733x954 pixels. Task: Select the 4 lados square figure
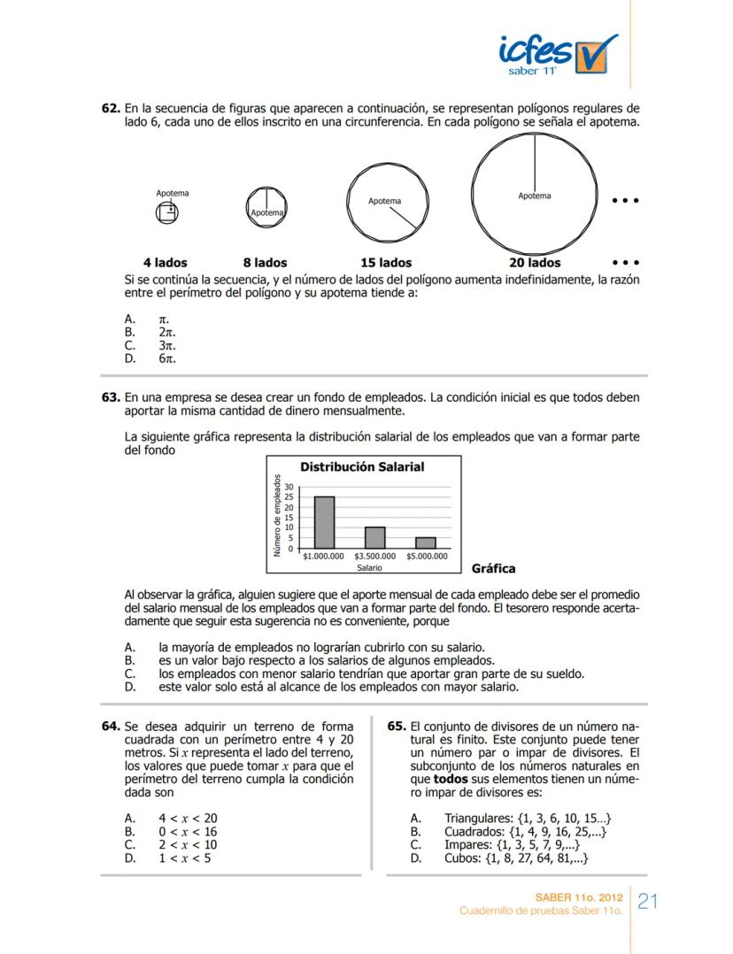coord(166,212)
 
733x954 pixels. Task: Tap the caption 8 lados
coord(265,263)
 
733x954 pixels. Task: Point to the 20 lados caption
coord(535,263)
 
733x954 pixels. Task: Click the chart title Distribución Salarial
coord(362,467)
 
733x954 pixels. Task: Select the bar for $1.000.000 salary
coord(324,522)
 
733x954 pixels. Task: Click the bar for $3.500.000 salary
coord(374,537)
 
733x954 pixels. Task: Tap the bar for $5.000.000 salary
coord(426,542)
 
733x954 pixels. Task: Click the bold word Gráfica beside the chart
coord(493,568)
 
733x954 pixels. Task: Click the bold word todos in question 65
coord(451,779)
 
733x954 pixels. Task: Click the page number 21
coord(648,901)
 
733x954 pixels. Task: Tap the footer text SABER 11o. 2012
coord(579,897)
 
